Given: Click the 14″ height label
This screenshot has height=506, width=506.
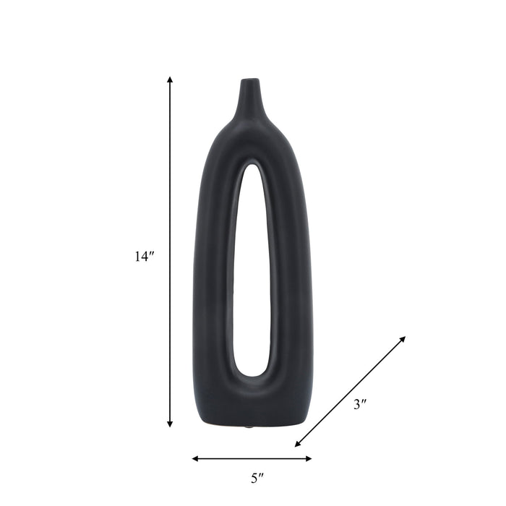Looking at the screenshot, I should pos(145,256).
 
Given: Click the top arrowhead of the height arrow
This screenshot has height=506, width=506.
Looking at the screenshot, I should pos(170,80).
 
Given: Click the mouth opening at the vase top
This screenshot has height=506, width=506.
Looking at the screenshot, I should pos(249,80).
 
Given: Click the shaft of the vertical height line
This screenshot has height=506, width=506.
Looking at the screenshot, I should pos(170,181).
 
